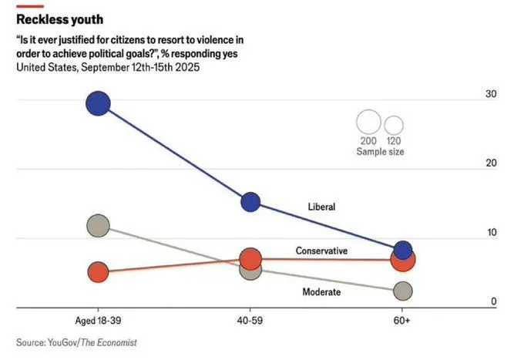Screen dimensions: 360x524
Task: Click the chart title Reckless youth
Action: pos(59,19)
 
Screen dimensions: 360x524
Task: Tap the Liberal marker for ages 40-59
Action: pos(250,202)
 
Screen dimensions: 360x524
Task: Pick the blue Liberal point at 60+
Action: pos(402,250)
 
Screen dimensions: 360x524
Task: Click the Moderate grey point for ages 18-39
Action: pos(98,226)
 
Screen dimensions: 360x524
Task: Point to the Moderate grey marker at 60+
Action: pos(402,291)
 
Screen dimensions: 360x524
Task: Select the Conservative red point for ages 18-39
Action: pos(98,272)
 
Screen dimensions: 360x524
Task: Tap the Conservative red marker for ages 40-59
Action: pos(250,258)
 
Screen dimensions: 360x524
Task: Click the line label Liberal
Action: pos(321,207)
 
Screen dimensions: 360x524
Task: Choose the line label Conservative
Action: pos(321,251)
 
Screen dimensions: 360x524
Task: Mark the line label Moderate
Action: pos(321,292)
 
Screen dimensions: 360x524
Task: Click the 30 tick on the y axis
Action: pos(489,94)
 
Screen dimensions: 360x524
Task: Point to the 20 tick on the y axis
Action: pos(489,163)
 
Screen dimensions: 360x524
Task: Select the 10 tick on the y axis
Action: pos(489,233)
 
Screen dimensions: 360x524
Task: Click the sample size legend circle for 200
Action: pos(369,123)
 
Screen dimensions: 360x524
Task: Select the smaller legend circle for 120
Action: pos(394,125)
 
